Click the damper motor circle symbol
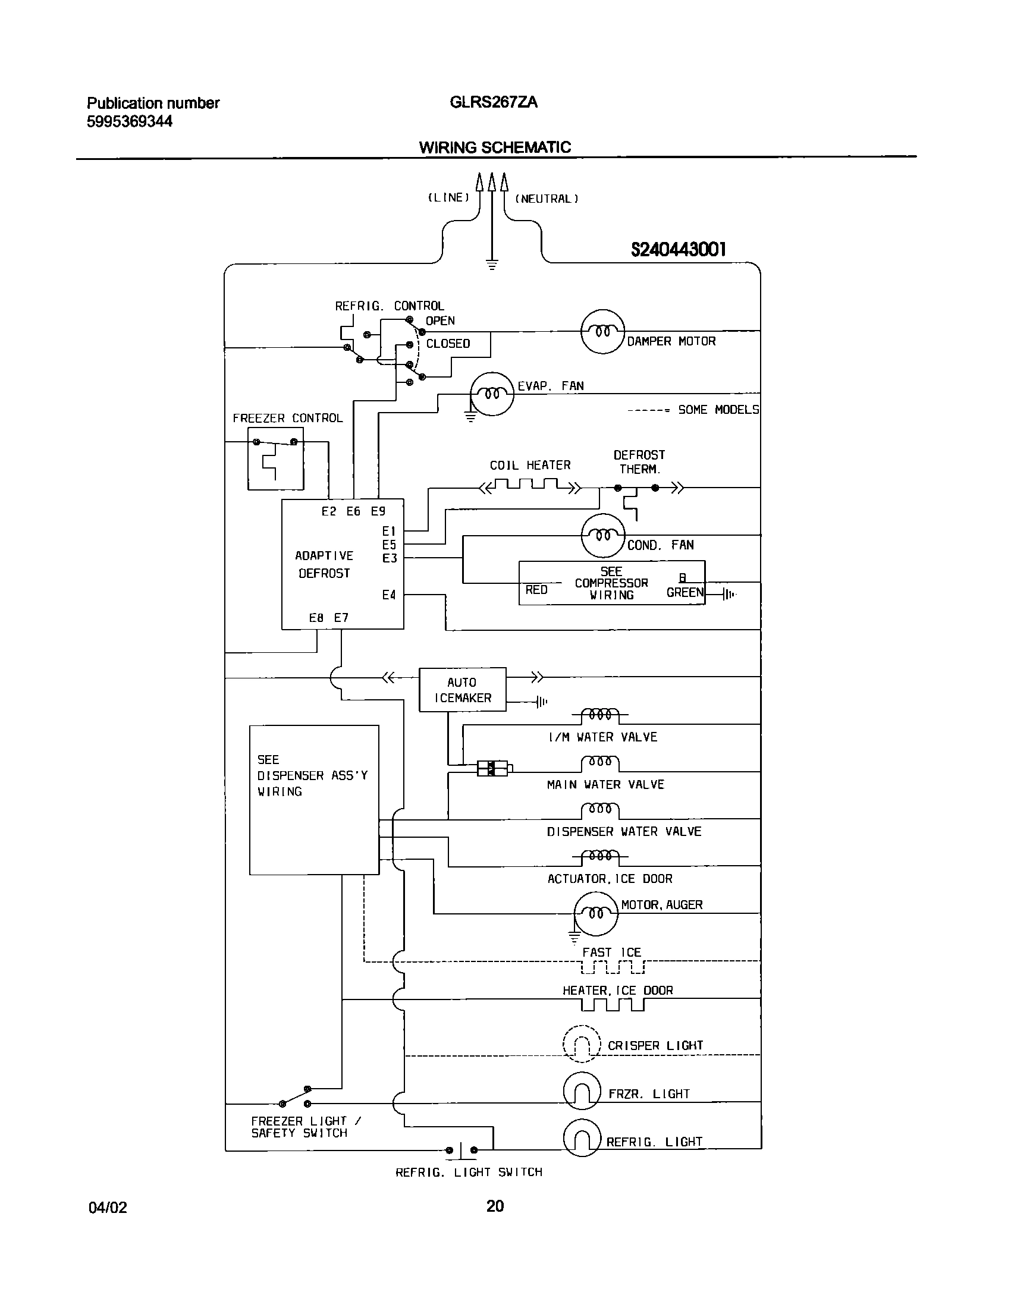pyautogui.click(x=602, y=331)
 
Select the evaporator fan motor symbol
pyautogui.click(x=491, y=394)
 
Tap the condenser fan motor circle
pyautogui.click(x=602, y=536)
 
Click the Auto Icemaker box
pyautogui.click(x=463, y=690)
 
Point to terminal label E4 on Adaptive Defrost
pyautogui.click(x=389, y=595)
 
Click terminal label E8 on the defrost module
pyautogui.click(x=316, y=618)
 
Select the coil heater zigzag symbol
pyautogui.click(x=530, y=488)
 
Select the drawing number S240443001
pyautogui.click(x=678, y=250)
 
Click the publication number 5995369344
pyautogui.click(x=130, y=122)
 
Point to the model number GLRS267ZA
pyautogui.click(x=494, y=103)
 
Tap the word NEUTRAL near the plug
pyautogui.click(x=546, y=199)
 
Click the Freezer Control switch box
pyautogui.click(x=275, y=458)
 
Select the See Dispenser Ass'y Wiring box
pyautogui.click(x=314, y=800)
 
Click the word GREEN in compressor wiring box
pyautogui.click(x=685, y=592)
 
